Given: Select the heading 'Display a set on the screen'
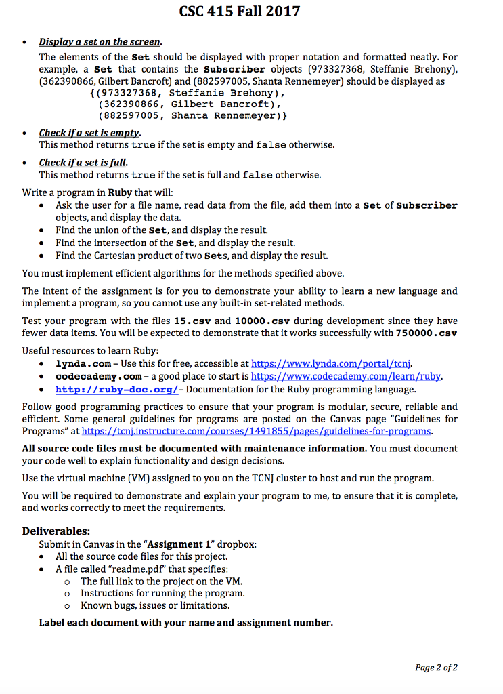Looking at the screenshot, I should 100,42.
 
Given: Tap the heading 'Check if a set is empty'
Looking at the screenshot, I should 89,133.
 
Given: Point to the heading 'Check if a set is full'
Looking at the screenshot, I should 83,163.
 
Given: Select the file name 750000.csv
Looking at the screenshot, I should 426,333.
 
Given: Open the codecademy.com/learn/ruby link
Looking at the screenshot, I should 346,376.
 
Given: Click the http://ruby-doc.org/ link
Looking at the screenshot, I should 116,389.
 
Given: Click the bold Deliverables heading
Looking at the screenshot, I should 56,531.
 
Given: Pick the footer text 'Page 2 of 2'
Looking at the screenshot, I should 437,667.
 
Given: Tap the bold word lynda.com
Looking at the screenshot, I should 83,363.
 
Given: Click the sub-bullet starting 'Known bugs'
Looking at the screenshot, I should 155,605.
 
